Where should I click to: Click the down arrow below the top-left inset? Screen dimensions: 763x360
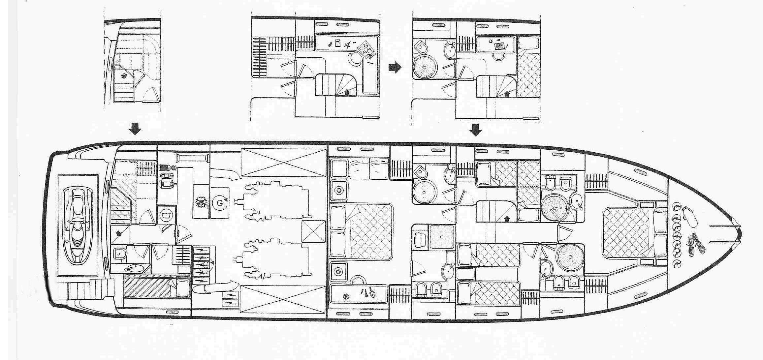click(135, 129)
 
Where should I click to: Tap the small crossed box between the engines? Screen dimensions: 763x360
click(313, 231)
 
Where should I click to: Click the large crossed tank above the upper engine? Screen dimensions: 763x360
click(283, 162)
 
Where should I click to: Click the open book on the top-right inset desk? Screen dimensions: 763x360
click(499, 46)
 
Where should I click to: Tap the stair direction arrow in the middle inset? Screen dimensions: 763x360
click(346, 92)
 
